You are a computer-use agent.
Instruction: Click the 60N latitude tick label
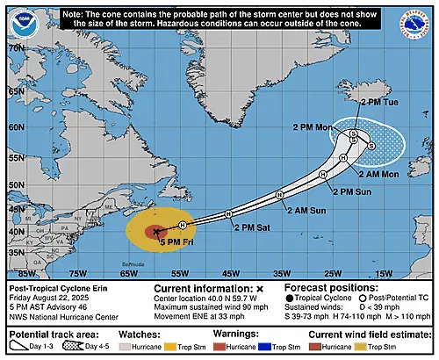coord(15,125)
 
